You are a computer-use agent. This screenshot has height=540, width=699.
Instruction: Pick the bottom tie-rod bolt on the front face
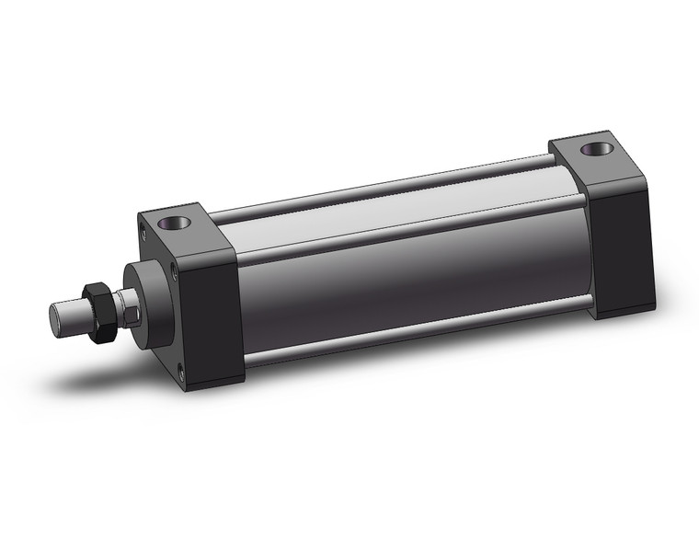tap(180, 373)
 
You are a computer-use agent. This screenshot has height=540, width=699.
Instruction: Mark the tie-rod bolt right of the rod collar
tap(171, 270)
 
